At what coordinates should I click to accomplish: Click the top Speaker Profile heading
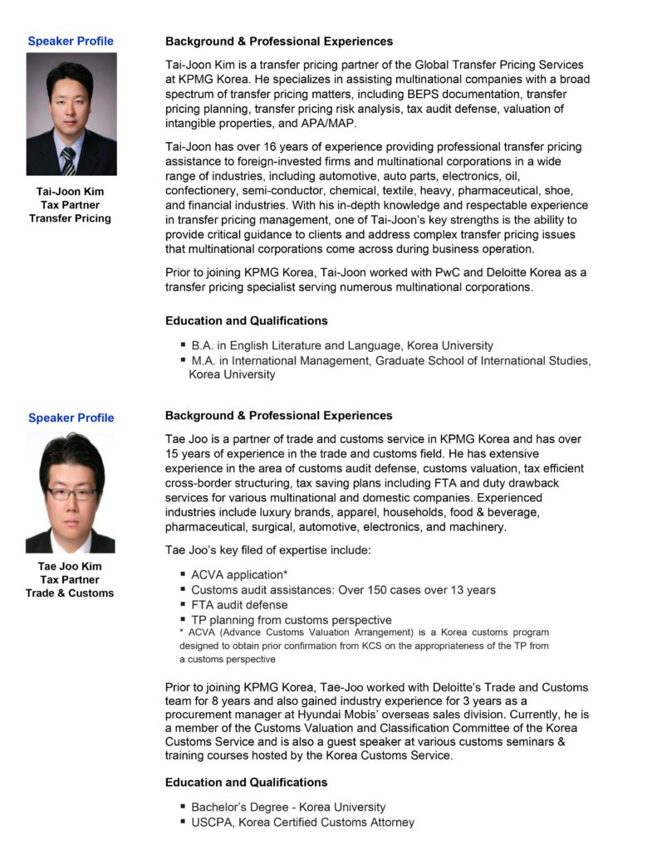[71, 41]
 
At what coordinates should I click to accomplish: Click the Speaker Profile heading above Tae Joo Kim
[71, 418]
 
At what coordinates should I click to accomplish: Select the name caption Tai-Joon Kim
[70, 191]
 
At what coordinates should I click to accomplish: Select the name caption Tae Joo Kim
[70, 566]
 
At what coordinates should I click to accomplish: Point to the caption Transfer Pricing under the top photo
[70, 218]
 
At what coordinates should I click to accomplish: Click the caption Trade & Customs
[70, 593]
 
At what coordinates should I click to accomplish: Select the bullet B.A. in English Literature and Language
[341, 345]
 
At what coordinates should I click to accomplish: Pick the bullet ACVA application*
[239, 574]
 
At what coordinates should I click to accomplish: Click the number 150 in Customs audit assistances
[385, 589]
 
